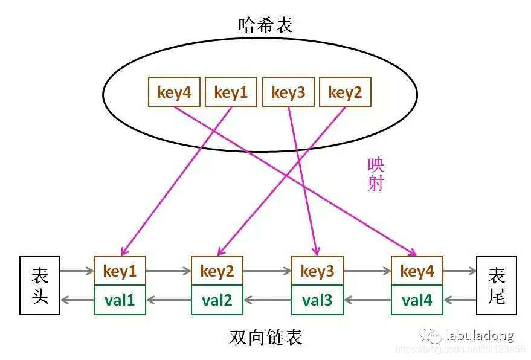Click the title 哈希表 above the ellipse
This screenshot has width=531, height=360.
click(266, 25)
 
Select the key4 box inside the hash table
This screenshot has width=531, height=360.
click(174, 92)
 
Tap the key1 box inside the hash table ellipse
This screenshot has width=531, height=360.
click(231, 92)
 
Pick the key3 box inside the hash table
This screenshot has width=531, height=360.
click(288, 92)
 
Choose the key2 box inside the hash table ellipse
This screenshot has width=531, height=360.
click(344, 92)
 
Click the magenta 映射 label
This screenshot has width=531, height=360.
click(376, 175)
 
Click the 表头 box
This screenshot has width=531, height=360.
click(40, 285)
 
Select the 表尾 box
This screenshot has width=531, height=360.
click(497, 285)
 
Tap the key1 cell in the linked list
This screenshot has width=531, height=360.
click(120, 271)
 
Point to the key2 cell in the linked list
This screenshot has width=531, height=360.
click(217, 271)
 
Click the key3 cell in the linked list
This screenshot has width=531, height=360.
click(317, 271)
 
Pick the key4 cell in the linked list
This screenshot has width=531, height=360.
click(417, 271)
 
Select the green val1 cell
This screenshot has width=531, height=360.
click(120, 300)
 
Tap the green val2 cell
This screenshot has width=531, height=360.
click(217, 300)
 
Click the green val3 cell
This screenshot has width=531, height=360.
click(317, 300)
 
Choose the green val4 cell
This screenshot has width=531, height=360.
click(417, 300)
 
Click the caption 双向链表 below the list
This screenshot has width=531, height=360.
click(266, 336)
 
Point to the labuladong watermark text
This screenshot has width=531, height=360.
click(480, 336)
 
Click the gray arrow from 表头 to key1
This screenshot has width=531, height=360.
click(77, 271)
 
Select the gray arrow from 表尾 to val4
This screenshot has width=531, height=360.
click(460, 299)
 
